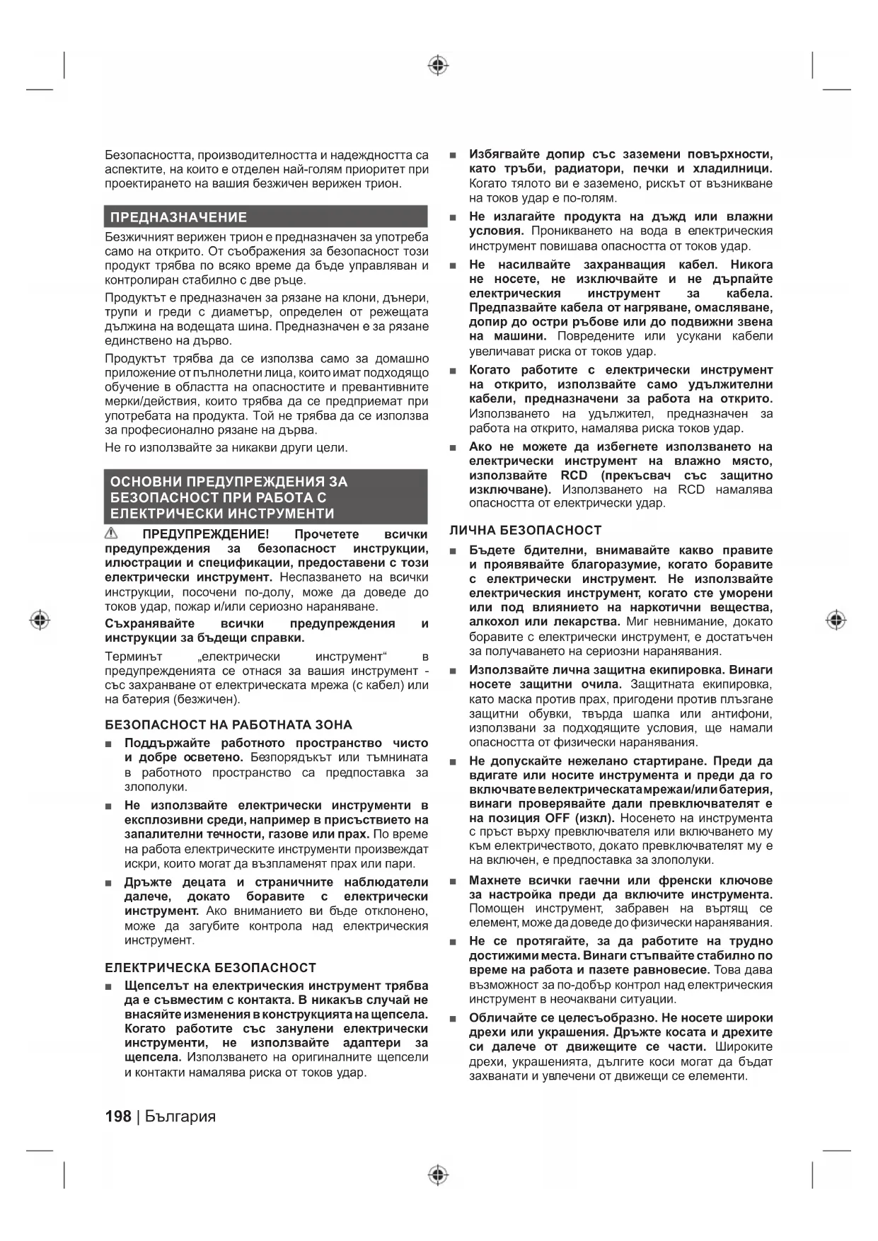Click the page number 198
(x=117, y=1116)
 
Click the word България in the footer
(x=180, y=1116)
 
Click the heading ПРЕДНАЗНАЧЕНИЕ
(x=178, y=217)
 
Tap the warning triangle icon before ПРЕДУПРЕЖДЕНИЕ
(x=112, y=533)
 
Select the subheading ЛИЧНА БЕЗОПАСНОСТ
(x=525, y=530)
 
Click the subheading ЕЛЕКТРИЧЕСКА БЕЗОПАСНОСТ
(x=210, y=967)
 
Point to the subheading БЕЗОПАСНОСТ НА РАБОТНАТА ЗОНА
(x=228, y=725)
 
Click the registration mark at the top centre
(x=438, y=66)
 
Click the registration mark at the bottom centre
(x=438, y=1175)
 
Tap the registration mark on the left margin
(x=40, y=620)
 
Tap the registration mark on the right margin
(x=836, y=620)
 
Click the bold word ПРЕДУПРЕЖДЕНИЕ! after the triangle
(x=206, y=534)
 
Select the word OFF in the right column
(x=558, y=818)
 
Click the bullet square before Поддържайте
(x=108, y=744)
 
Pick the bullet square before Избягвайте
(x=453, y=155)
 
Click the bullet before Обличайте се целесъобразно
(x=453, y=1019)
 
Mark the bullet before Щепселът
(x=108, y=987)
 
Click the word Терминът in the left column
(x=134, y=657)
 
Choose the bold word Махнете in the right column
(x=495, y=880)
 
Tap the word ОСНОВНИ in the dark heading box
(x=145, y=482)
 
